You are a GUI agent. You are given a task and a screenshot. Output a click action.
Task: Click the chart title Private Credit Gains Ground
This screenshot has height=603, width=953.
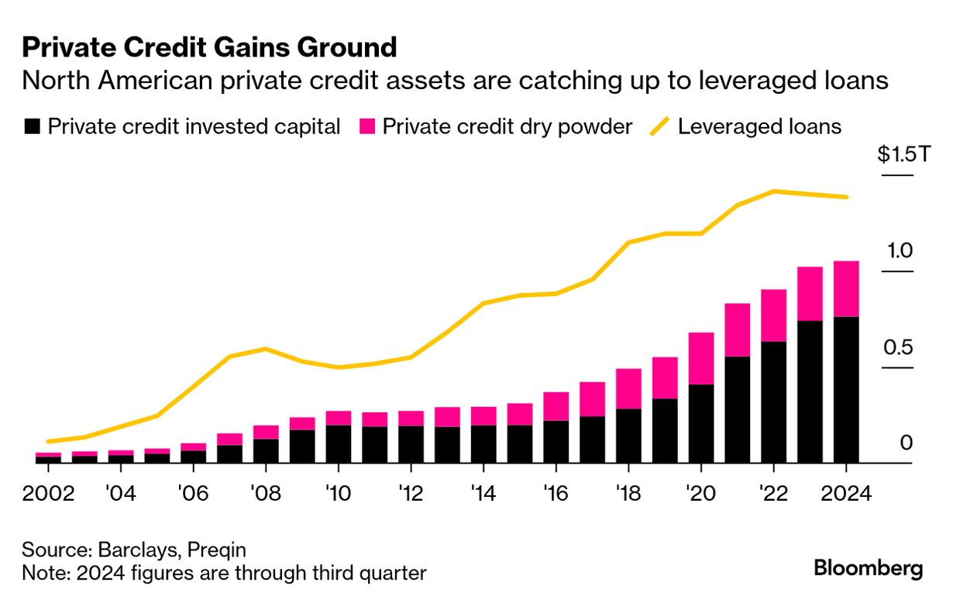pyautogui.click(x=209, y=47)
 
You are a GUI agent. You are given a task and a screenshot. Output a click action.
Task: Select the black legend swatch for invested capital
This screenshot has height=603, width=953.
pyautogui.click(x=32, y=126)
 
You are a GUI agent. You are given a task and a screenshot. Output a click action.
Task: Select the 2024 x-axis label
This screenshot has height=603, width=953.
pyautogui.click(x=845, y=493)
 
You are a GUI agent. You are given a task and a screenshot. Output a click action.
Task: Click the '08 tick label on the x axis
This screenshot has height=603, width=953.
pyautogui.click(x=266, y=493)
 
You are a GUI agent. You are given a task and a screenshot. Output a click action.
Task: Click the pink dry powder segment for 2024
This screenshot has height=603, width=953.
pyautogui.click(x=845, y=288)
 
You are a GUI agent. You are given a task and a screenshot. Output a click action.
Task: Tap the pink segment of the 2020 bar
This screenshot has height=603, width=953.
pyautogui.click(x=700, y=358)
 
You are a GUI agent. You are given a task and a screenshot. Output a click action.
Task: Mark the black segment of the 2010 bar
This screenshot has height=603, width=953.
pyautogui.click(x=338, y=443)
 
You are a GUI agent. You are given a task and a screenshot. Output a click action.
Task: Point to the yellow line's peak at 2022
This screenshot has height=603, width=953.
pyautogui.click(x=773, y=191)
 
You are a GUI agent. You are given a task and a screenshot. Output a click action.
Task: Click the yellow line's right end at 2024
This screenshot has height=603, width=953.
pyautogui.click(x=846, y=197)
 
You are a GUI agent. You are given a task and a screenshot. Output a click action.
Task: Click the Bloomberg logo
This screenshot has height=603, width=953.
pyautogui.click(x=868, y=568)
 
